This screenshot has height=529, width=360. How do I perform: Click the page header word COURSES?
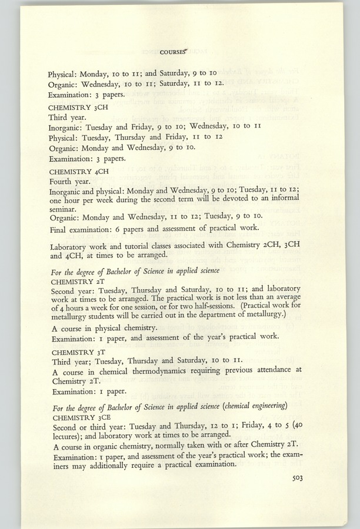[x=171, y=51]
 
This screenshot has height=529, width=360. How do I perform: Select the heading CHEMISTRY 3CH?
[x=76, y=108]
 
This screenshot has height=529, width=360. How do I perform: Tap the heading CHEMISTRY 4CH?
[x=76, y=171]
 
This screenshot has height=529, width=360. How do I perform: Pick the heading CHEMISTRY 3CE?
[x=74, y=417]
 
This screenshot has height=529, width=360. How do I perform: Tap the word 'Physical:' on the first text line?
[x=65, y=75]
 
